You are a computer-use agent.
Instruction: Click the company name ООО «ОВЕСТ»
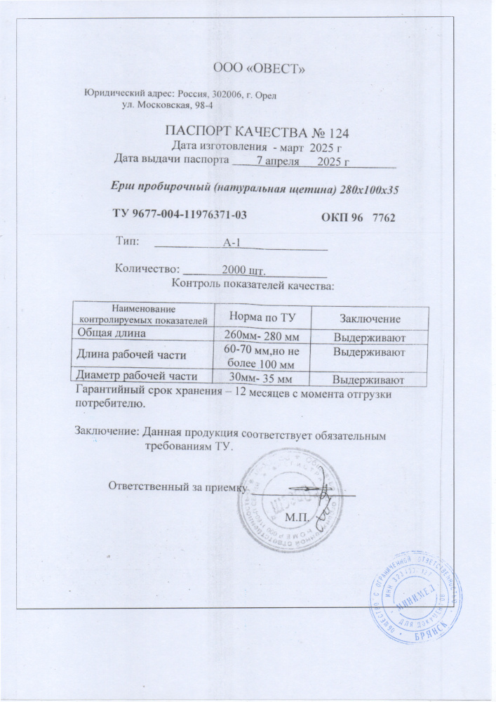257,68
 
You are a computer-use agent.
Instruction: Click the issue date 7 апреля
280,161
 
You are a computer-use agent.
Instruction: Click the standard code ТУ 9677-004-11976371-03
181,213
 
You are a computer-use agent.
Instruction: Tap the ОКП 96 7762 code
358,218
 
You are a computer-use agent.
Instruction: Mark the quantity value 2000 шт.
247,269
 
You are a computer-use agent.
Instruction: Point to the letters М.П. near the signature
297,517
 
